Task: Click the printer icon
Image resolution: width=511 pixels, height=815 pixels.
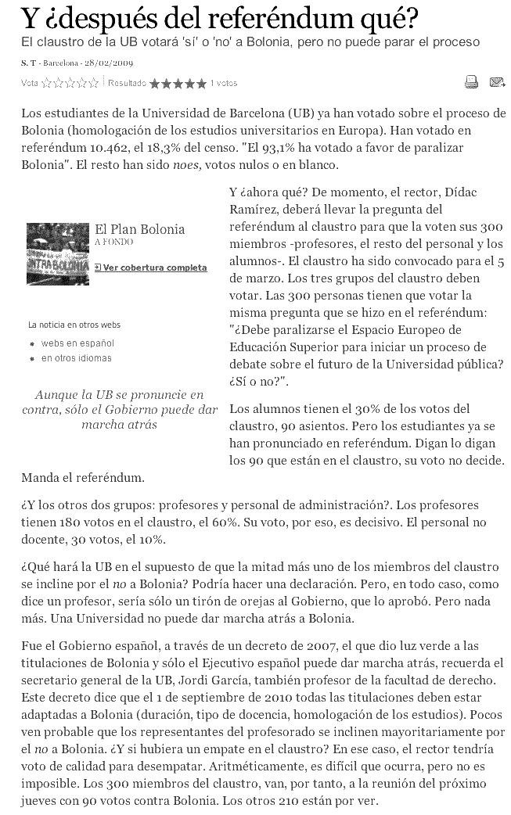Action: point(471,81)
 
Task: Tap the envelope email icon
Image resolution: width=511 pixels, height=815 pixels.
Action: point(496,81)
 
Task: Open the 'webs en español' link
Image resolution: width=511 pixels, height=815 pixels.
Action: point(77,343)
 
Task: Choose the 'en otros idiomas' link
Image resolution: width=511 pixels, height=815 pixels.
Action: point(76,358)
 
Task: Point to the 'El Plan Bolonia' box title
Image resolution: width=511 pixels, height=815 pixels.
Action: point(139,229)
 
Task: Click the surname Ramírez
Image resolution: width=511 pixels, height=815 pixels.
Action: point(252,209)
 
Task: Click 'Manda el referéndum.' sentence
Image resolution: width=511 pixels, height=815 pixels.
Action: point(83,476)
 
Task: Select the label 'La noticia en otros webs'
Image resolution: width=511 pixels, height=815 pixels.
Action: point(74,325)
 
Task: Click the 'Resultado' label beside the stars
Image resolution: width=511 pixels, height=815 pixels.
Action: point(127,82)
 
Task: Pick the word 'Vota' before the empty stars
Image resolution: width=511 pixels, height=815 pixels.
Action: point(30,82)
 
